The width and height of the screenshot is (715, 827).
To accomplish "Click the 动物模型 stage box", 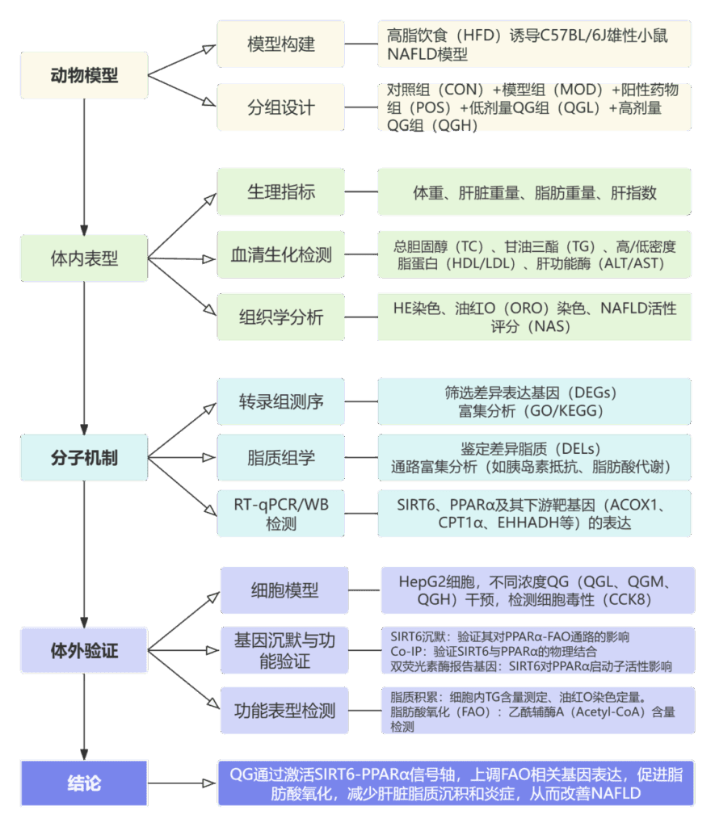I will tap(84, 76).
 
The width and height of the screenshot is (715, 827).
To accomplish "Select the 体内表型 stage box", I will tap(84, 258).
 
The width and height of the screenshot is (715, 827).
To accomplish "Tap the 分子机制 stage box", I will tap(84, 457).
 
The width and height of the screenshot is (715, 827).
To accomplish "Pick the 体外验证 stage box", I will tap(84, 650).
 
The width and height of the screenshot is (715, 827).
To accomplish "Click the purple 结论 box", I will tap(84, 783).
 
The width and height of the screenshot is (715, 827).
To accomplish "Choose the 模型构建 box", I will tap(281, 44).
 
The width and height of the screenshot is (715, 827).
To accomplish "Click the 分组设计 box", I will tap(281, 107).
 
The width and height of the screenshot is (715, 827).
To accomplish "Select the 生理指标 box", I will tap(281, 192).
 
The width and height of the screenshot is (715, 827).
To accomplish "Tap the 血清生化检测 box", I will tap(281, 255).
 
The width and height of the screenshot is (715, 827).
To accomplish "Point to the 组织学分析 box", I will tap(281, 317).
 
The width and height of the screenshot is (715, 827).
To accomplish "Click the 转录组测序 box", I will tap(281, 401).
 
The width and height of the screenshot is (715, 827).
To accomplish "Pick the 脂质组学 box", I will tap(281, 458).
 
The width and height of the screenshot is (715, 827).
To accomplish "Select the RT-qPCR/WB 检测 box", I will tap(281, 514).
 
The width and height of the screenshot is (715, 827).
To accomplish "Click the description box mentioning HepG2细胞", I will tap(537, 590).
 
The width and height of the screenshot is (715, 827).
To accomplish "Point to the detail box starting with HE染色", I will tap(534, 317).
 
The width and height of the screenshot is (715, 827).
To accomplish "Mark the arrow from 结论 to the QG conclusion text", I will tap(183, 783).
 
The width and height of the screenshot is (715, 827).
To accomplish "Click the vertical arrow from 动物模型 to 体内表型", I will tap(84, 170).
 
